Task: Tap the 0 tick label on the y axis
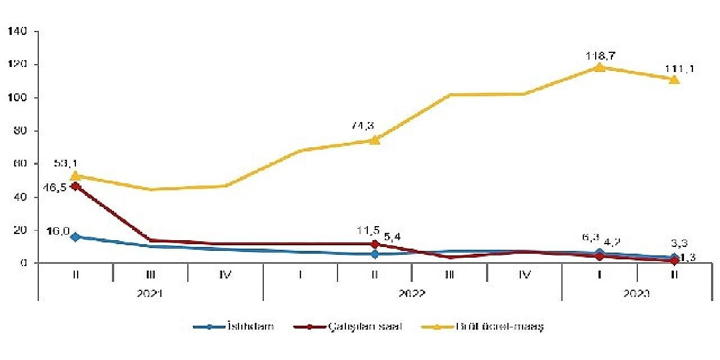(x=25, y=263)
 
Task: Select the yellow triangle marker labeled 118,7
(x=600, y=67)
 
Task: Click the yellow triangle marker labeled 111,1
(x=674, y=79)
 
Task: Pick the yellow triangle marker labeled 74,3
(x=375, y=139)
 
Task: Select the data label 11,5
(x=368, y=229)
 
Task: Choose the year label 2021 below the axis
(x=150, y=294)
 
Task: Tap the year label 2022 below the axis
(x=412, y=294)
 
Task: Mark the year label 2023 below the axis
(x=637, y=294)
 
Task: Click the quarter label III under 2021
(x=150, y=274)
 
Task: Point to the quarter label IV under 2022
(x=524, y=274)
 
